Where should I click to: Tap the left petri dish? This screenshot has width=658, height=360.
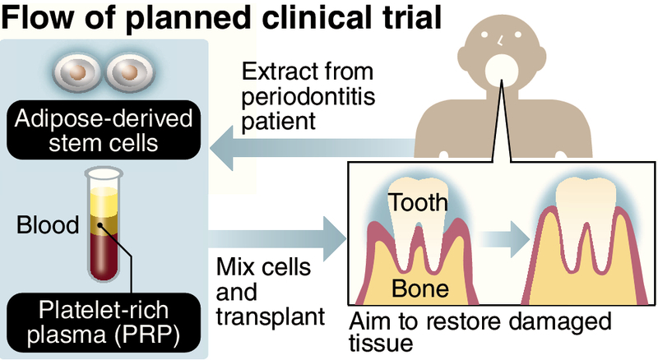point(76,72)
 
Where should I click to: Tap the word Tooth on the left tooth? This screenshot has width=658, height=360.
point(418,202)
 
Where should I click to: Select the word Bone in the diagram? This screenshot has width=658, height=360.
point(420,288)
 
